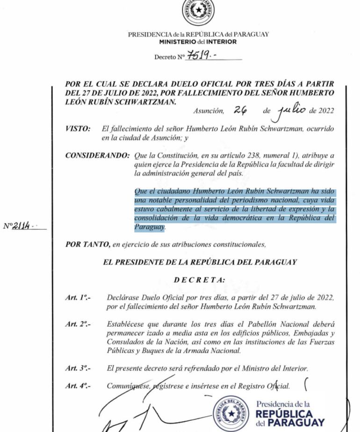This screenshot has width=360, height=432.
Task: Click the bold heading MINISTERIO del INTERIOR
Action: [x=198, y=42]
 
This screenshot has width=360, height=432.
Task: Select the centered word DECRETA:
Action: [x=199, y=280]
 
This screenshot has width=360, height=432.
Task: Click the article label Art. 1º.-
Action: [x=78, y=298]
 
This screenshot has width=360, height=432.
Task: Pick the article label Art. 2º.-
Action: [x=78, y=324]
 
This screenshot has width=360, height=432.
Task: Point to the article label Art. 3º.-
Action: [x=78, y=368]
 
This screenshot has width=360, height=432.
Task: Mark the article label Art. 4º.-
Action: [x=78, y=386]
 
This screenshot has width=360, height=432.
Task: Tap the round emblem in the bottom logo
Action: [x=231, y=413]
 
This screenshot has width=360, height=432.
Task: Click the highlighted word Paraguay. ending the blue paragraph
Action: [x=150, y=227]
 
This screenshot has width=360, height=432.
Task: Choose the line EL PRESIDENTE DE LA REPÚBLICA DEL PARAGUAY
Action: [x=200, y=262]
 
